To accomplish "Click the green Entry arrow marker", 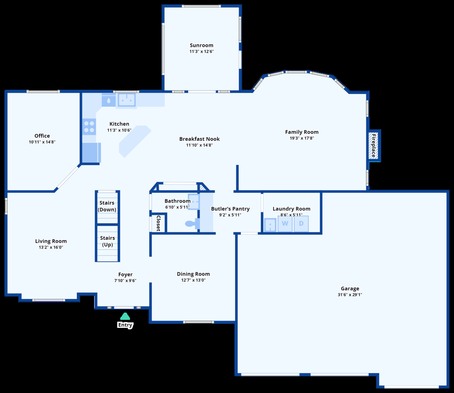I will [x=125, y=316].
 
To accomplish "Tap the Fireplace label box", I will [x=374, y=146].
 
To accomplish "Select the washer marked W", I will [x=285, y=223].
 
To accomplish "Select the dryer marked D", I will [x=301, y=223].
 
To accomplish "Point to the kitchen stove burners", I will [x=89, y=127].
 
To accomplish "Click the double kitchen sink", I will [x=126, y=99].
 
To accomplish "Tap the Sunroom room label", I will [x=201, y=45].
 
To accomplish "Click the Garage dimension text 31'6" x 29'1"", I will [x=350, y=295].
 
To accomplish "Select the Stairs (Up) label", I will [x=107, y=241].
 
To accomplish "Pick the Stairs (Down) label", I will [x=107, y=206].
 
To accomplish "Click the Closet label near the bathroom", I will [x=158, y=223].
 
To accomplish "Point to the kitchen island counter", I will [x=135, y=141].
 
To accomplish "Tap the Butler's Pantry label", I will [x=230, y=209].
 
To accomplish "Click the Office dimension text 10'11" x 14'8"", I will [x=42, y=142].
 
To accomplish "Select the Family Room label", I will [x=301, y=132].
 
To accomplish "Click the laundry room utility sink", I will [x=270, y=225].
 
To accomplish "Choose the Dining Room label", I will [x=193, y=274].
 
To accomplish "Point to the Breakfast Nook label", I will [x=200, y=139].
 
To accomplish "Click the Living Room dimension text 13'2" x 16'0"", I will [x=51, y=247].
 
